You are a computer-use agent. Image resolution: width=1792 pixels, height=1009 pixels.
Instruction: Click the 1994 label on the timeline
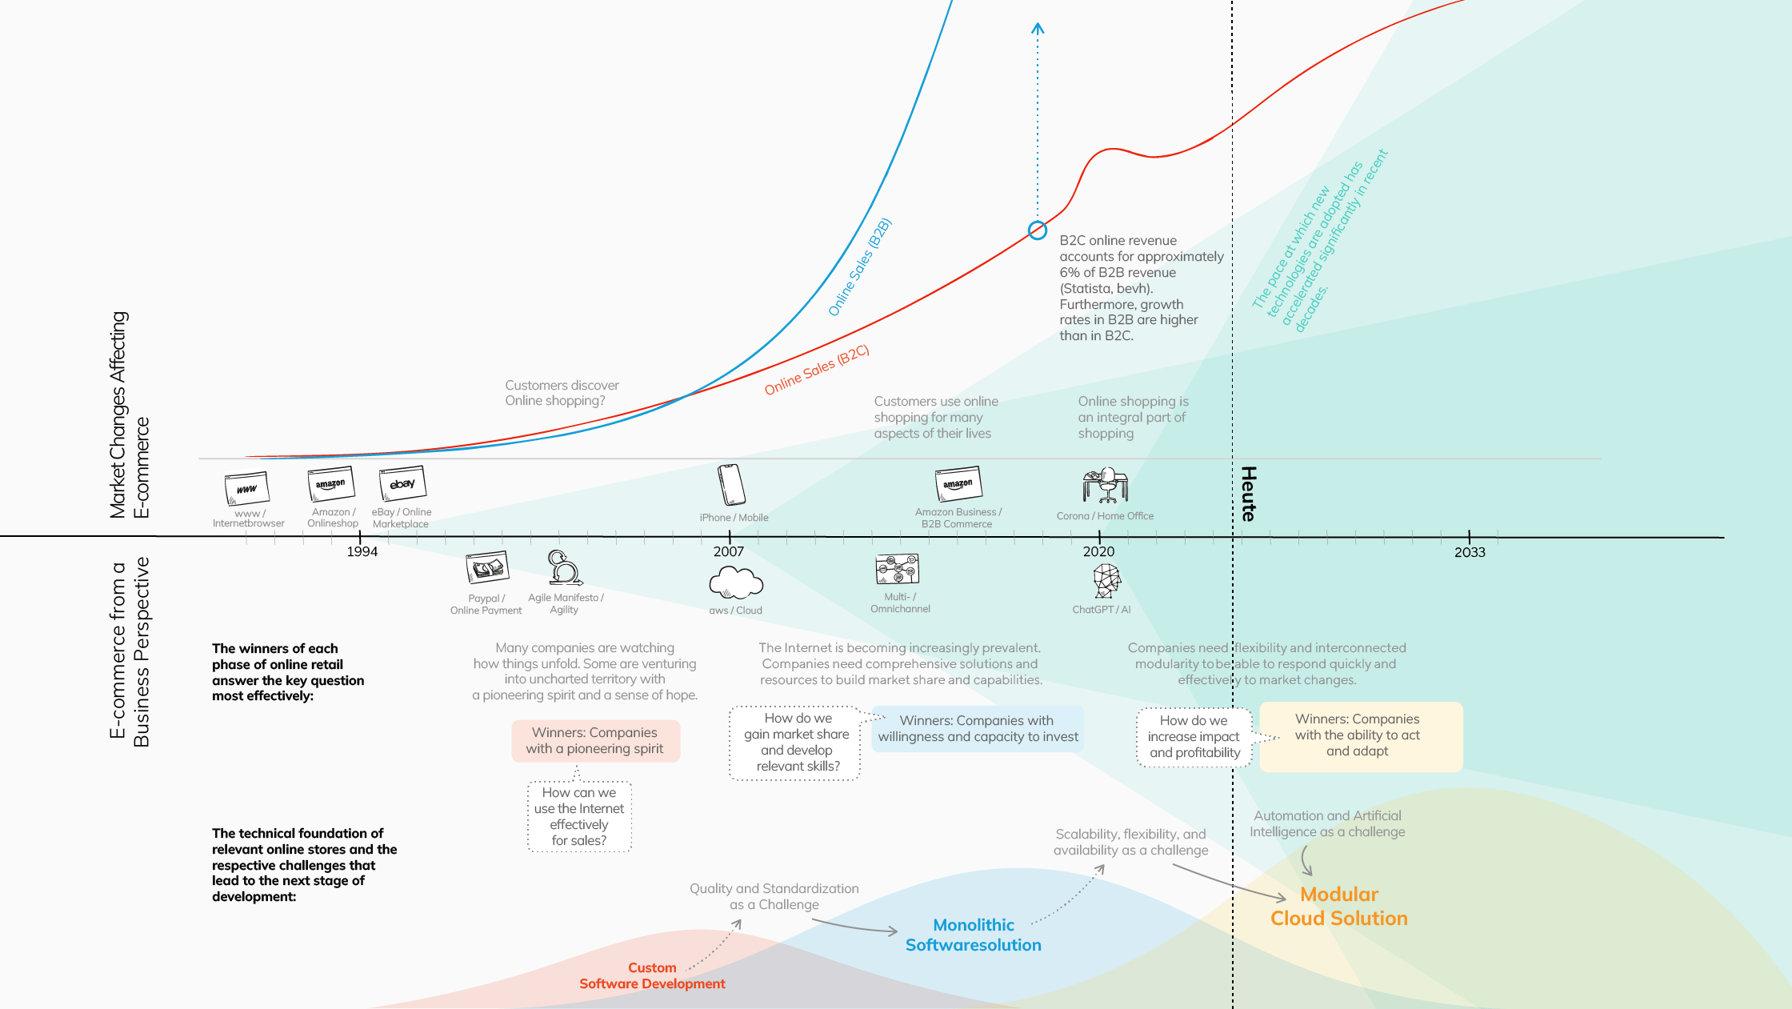(x=362, y=551)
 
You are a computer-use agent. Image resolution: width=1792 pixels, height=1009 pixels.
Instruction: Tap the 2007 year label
(x=729, y=551)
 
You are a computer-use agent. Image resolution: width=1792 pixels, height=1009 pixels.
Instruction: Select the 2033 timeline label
(x=1470, y=552)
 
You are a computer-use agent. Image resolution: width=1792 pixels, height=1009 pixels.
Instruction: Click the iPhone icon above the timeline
(x=732, y=485)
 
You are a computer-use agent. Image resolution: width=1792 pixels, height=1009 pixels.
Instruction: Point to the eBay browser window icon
(x=402, y=483)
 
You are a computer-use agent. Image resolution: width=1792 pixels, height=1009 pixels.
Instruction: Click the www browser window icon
(x=246, y=488)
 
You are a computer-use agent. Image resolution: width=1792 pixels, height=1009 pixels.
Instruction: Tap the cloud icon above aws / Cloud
(x=736, y=583)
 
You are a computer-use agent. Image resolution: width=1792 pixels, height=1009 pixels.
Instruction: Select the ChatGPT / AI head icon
(x=1107, y=581)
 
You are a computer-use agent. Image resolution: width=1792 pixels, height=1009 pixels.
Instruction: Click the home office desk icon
(x=1106, y=485)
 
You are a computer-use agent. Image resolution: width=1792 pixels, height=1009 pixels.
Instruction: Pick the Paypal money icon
(x=487, y=568)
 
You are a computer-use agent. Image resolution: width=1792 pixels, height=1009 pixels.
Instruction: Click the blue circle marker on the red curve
(x=1038, y=230)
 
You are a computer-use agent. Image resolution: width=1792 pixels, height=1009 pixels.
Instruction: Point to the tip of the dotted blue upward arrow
(x=1038, y=24)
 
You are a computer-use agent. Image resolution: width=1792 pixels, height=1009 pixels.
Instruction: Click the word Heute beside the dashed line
(x=1248, y=494)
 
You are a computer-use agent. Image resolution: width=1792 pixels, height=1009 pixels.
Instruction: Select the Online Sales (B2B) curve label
(x=860, y=266)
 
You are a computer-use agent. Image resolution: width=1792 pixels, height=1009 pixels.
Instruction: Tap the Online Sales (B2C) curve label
(x=817, y=370)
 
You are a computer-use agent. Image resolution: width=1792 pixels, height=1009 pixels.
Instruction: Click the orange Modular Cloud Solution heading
(x=1339, y=907)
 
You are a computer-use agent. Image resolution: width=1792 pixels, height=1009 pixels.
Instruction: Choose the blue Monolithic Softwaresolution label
(x=974, y=935)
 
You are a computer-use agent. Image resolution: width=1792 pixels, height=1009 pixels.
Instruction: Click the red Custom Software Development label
(x=652, y=975)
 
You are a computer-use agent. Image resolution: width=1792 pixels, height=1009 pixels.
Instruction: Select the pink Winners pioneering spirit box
(x=596, y=741)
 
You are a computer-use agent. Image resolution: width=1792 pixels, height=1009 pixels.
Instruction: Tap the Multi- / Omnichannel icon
(x=898, y=569)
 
